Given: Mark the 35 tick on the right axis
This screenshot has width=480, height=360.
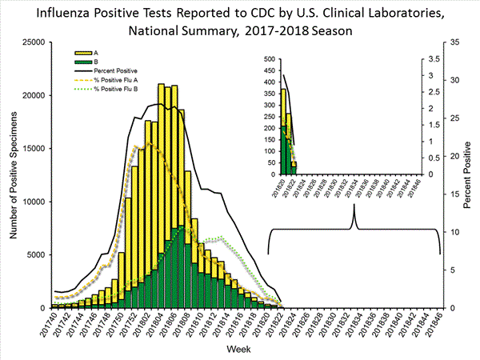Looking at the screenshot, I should [453, 42].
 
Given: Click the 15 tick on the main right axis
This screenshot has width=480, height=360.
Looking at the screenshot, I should [453, 194].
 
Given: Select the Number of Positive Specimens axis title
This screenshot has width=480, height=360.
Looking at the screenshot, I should [13, 174].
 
